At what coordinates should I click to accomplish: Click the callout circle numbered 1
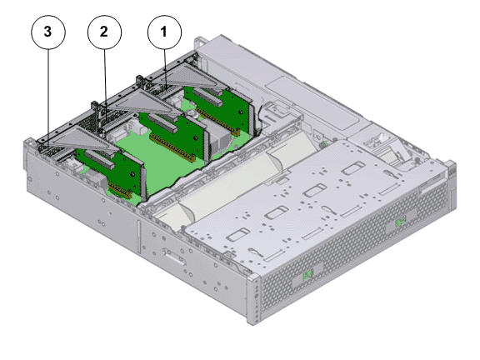click(164, 32)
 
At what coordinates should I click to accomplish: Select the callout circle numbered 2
click(104, 32)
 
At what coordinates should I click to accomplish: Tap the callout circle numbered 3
click(48, 32)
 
